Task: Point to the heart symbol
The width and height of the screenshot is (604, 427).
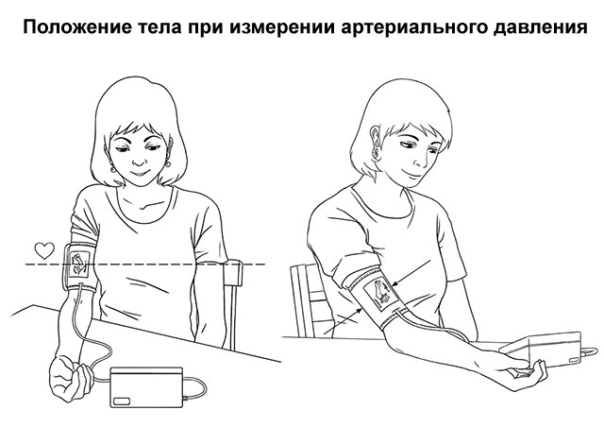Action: [44, 250]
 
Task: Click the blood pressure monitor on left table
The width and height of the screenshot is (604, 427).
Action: [147, 387]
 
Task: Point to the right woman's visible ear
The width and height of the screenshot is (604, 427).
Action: [376, 143]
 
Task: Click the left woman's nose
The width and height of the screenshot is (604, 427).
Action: [137, 158]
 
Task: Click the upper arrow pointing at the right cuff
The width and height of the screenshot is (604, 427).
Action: [411, 272]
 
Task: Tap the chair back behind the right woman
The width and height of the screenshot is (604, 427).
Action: [307, 299]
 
